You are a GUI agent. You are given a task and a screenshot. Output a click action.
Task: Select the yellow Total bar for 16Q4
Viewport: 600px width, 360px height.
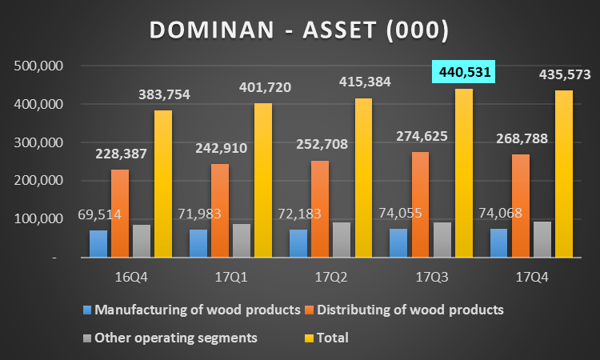click(163, 184)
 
